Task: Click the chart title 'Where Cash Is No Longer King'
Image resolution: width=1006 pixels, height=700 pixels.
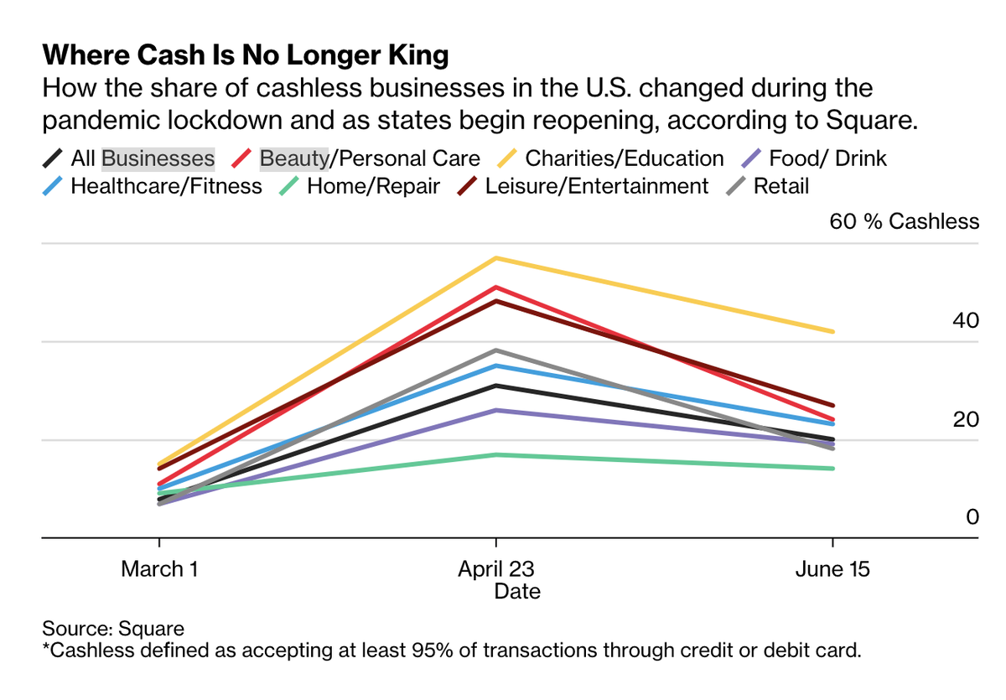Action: pyautogui.click(x=246, y=56)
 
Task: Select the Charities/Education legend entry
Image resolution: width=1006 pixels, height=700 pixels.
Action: pyautogui.click(x=624, y=158)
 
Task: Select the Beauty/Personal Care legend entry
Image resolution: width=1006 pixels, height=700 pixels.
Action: pyautogui.click(x=370, y=158)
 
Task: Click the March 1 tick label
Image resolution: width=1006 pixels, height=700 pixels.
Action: pyautogui.click(x=159, y=570)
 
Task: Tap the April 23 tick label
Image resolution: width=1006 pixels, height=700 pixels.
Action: pyautogui.click(x=496, y=570)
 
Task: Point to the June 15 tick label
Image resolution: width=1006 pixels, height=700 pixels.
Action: pyautogui.click(x=832, y=570)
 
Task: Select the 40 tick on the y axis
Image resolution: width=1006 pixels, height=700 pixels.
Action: pyautogui.click(x=966, y=320)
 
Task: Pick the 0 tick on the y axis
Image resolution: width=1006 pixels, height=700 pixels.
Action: pyautogui.click(x=972, y=517)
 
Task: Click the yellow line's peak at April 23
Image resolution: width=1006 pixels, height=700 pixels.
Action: pyautogui.click(x=496, y=257)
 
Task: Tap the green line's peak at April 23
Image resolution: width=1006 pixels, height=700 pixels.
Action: pyautogui.click(x=496, y=454)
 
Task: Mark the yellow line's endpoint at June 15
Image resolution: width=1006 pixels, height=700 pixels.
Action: pyautogui.click(x=832, y=332)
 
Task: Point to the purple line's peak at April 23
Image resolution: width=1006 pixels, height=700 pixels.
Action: pyautogui.click(x=496, y=410)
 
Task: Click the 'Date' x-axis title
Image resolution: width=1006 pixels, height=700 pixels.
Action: pyautogui.click(x=517, y=592)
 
